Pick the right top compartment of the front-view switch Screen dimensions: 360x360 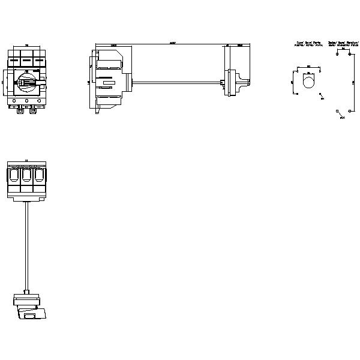(38, 61)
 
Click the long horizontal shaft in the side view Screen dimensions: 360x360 (174, 82)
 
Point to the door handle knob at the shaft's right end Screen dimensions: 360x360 (240, 82)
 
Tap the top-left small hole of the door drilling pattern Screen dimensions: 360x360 (297, 70)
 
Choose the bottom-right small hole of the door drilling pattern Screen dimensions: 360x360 (320, 94)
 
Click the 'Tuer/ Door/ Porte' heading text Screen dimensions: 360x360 (308, 44)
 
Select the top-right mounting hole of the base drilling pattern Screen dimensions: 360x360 (349, 53)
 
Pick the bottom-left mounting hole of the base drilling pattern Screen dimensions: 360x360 (337, 110)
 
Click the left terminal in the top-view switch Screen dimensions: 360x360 (13, 176)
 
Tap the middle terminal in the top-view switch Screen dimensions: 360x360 (26, 176)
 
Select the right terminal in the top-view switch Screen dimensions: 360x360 (39, 176)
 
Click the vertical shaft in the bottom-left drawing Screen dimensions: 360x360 (26, 246)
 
